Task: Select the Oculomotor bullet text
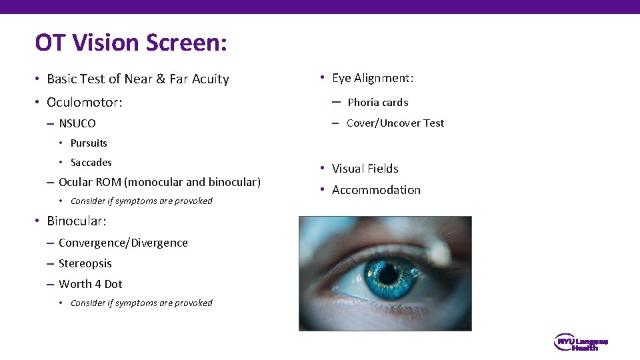85,103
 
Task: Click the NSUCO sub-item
77,123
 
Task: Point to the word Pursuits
89,143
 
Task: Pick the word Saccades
91,163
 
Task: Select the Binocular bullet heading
77,221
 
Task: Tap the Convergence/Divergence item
123,243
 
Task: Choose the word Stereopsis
85,264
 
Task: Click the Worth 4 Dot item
91,284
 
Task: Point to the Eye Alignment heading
373,79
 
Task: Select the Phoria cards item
378,103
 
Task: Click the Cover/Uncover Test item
395,123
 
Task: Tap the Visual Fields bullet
365,169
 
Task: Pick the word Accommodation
377,190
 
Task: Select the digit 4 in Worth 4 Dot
98,284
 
